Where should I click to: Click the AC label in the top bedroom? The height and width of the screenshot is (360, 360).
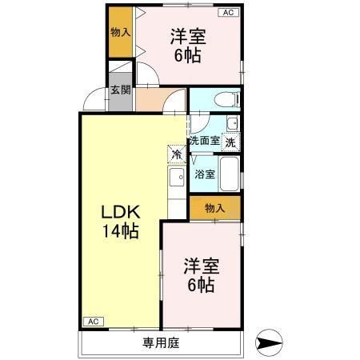tap(228, 13)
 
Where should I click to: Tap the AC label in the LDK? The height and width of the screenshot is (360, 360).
tap(92, 321)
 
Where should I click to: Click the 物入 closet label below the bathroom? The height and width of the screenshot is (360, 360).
tap(214, 208)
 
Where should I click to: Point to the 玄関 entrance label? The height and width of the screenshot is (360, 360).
tap(120, 90)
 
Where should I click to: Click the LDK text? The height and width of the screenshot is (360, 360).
tap(121, 213)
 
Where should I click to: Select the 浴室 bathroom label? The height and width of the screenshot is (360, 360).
tap(204, 174)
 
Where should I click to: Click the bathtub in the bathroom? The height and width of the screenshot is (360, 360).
tap(230, 174)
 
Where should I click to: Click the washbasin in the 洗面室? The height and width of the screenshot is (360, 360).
tap(232, 124)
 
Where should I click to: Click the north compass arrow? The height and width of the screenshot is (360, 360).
tap(269, 344)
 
